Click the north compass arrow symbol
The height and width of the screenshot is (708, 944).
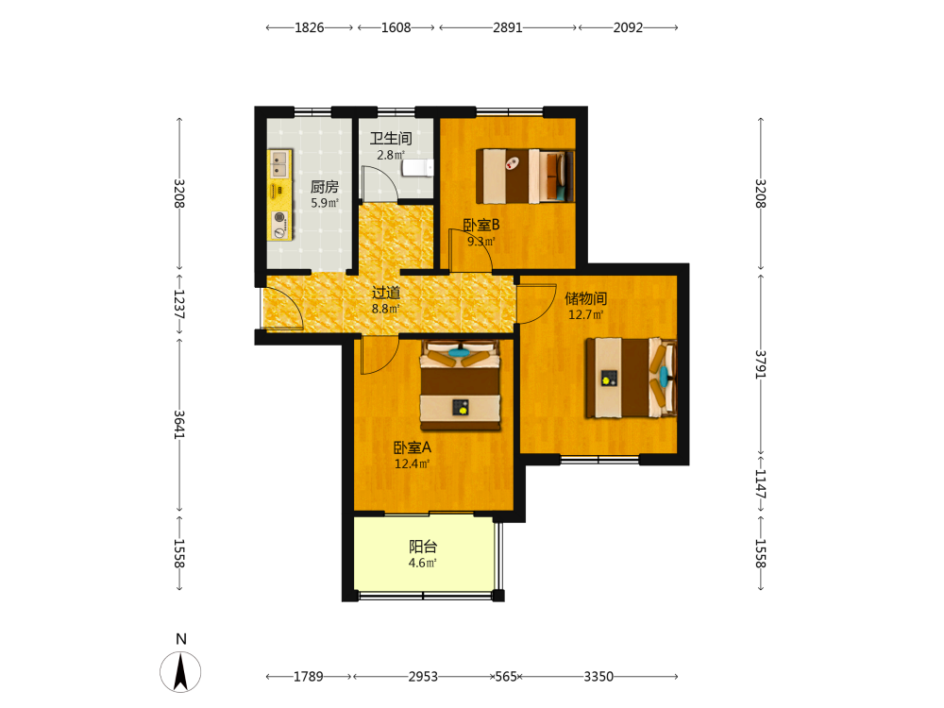click(180, 672)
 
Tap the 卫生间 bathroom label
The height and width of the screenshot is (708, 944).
click(391, 139)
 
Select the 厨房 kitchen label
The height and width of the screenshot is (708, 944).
click(325, 187)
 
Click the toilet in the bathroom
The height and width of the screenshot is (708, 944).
click(418, 167)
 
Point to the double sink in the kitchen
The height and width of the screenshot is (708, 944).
click(279, 164)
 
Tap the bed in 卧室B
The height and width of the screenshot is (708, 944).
click(525, 176)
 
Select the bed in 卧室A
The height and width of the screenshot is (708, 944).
click(461, 385)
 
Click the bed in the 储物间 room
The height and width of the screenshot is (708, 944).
click(631, 378)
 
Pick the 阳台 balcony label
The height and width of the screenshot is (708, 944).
click(423, 547)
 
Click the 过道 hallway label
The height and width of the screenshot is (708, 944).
click(386, 293)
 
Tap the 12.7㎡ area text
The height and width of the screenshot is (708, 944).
click(586, 314)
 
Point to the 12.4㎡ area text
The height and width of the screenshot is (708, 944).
click(412, 464)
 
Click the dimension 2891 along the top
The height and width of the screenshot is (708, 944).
click(508, 27)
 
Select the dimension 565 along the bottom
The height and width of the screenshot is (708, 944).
click(506, 677)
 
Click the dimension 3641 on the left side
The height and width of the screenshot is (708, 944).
click(179, 425)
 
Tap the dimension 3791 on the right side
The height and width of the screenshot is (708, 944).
click(760, 364)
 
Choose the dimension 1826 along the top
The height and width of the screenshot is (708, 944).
click(310, 27)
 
